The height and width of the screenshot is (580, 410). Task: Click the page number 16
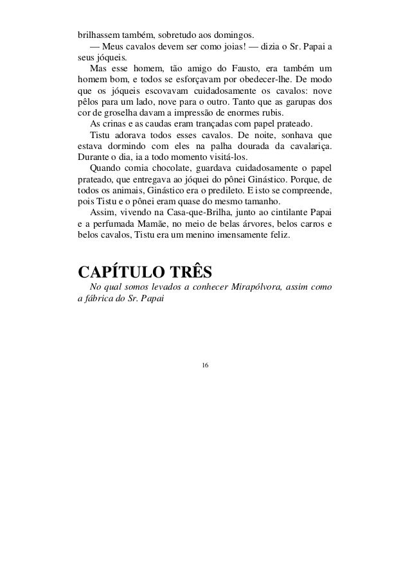204,365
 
